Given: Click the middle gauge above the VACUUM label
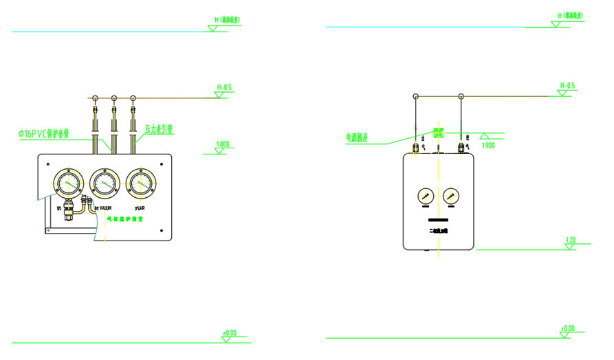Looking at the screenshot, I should tap(105, 183).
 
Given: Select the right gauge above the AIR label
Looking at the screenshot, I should tap(142, 183).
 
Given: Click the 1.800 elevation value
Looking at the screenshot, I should tap(223, 145).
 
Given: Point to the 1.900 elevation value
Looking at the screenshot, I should tap(488, 146).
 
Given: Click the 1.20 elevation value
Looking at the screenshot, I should tap(570, 240).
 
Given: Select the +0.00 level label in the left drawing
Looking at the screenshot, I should tap(229, 333).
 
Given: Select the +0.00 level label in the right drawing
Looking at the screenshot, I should tap(567, 328).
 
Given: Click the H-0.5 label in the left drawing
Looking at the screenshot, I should tap(224, 87).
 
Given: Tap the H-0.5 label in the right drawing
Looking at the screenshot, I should tap(567, 86).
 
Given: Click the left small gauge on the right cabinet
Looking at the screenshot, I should tap(426, 196).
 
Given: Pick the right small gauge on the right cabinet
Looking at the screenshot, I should tap(451, 196).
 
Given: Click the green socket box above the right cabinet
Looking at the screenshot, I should tap(437, 132).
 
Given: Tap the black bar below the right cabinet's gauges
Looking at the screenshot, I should tap(438, 218).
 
